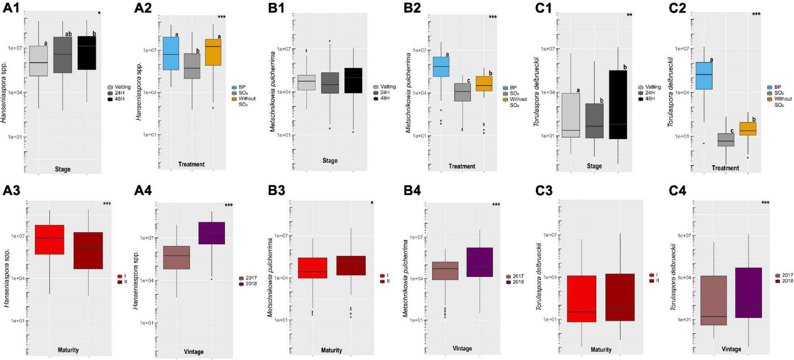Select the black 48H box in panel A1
[86, 53]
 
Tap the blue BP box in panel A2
[171, 53]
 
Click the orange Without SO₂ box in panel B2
[484, 84]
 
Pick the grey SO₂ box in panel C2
[725, 140]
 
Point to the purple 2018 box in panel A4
[211, 233]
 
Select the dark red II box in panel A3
[88, 251]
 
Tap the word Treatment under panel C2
[725, 168]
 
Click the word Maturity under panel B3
[331, 350]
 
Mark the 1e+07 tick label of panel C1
[548, 49]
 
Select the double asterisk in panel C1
[630, 15]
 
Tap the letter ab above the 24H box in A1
[68, 34]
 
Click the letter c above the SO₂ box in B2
[468, 81]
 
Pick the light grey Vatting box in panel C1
[571, 115]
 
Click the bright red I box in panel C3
[581, 299]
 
